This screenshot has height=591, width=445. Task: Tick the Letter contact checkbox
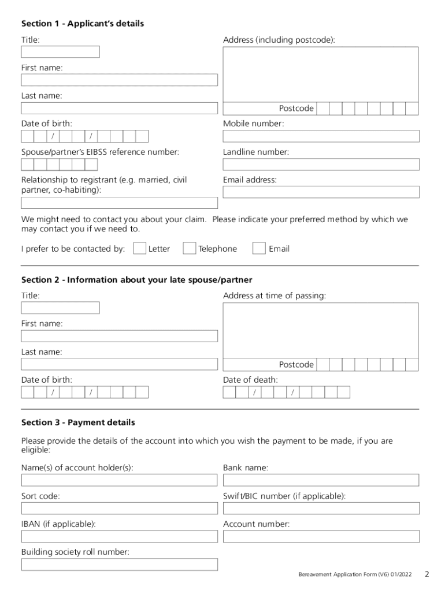coord(139,248)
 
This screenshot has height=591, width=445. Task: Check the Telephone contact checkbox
coord(189,248)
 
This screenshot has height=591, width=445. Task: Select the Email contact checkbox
coord(259,248)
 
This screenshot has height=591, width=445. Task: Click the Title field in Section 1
coord(60,52)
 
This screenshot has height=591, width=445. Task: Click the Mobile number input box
coord(321,136)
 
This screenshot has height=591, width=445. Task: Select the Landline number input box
coord(321,164)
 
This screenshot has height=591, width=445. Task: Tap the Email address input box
coord(321,192)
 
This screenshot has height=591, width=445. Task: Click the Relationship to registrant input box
coord(119,203)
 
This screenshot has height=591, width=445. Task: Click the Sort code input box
coord(119,508)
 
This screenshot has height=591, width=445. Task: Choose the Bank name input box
coord(321,480)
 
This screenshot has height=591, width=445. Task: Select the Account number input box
coord(321,537)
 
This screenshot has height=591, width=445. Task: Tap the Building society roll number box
coord(119,564)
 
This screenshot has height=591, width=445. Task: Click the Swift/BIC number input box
coord(321,508)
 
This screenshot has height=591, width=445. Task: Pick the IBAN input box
coord(119,537)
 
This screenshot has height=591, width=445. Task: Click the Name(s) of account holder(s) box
coord(119,480)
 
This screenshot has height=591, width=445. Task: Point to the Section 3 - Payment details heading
coord(78,423)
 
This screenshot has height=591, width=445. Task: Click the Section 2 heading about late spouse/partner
coord(136,280)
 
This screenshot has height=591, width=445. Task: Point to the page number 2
coord(427,574)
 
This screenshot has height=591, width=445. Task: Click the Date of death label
coord(250,380)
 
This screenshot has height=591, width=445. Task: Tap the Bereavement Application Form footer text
coord(355,575)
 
